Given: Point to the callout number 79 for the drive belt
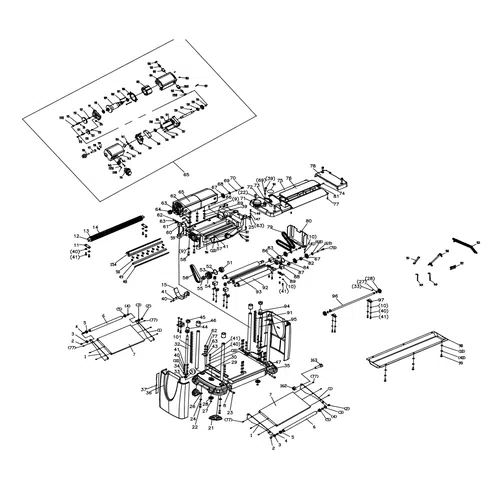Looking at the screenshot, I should [x=270, y=228].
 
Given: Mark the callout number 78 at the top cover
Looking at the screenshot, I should [x=313, y=166].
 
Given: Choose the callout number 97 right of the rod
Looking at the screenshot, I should [x=380, y=300].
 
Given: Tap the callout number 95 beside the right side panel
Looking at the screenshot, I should [x=294, y=319].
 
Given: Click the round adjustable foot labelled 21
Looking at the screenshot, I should [x=211, y=416].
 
